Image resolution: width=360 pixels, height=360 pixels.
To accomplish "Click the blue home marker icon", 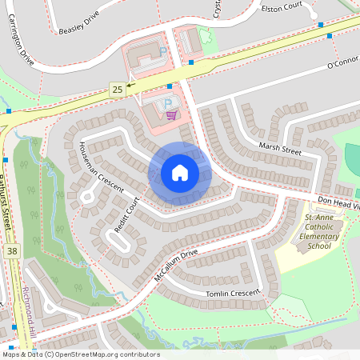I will click(x=180, y=173).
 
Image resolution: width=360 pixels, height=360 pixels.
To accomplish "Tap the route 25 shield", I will click(x=118, y=89).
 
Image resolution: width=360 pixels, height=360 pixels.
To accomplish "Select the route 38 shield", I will click(x=11, y=250).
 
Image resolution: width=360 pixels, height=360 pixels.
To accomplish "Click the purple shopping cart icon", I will click(x=171, y=115).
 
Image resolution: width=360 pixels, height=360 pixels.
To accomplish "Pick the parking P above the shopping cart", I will click(x=167, y=102).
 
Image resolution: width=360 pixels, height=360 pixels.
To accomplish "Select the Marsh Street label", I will click(x=279, y=149).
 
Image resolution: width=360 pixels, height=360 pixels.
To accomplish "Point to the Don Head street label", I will click(x=337, y=203).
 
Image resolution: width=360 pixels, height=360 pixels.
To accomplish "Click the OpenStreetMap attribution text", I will click(x=80, y=354).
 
